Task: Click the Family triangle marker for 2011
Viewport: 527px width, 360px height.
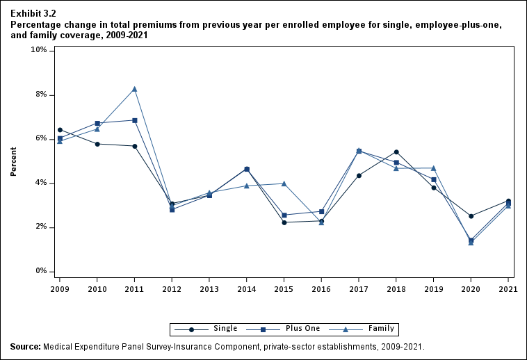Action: [135, 89]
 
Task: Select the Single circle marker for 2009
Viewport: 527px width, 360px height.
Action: [60, 130]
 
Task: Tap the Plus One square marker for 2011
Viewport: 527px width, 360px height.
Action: [135, 120]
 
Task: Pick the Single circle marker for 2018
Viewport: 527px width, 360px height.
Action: [396, 152]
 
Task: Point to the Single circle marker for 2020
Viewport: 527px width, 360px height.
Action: [471, 216]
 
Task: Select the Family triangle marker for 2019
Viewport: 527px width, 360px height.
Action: [434, 168]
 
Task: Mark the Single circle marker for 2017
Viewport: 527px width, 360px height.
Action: [359, 176]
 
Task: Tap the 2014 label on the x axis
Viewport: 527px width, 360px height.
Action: [247, 288]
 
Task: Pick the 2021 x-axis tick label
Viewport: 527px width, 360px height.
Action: [508, 288]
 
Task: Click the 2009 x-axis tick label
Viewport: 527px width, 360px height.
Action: [60, 288]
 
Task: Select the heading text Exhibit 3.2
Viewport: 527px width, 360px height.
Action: [33, 13]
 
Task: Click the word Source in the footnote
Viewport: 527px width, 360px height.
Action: [25, 346]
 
